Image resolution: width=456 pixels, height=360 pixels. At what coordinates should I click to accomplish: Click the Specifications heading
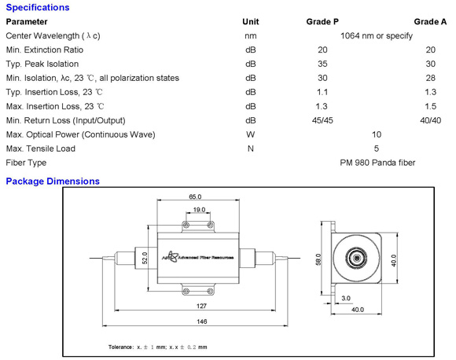[x=38, y=7]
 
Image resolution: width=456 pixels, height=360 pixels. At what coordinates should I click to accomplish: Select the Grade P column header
[x=322, y=22]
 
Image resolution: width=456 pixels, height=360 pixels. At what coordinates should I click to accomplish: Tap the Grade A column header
[x=430, y=22]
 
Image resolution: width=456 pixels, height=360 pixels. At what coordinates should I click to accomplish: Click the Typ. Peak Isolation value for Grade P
[x=322, y=64]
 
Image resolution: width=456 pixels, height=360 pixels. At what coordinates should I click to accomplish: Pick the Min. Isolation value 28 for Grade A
[x=430, y=78]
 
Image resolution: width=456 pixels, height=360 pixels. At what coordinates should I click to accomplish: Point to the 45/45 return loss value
[x=322, y=120]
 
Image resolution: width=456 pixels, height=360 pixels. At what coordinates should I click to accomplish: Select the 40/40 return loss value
[x=430, y=120]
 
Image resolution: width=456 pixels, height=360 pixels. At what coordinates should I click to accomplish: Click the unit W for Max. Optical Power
[x=250, y=134]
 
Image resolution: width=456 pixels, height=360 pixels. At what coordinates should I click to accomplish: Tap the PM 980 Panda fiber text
[x=377, y=163]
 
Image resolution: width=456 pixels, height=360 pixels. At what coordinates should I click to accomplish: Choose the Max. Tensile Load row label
[x=40, y=149]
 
